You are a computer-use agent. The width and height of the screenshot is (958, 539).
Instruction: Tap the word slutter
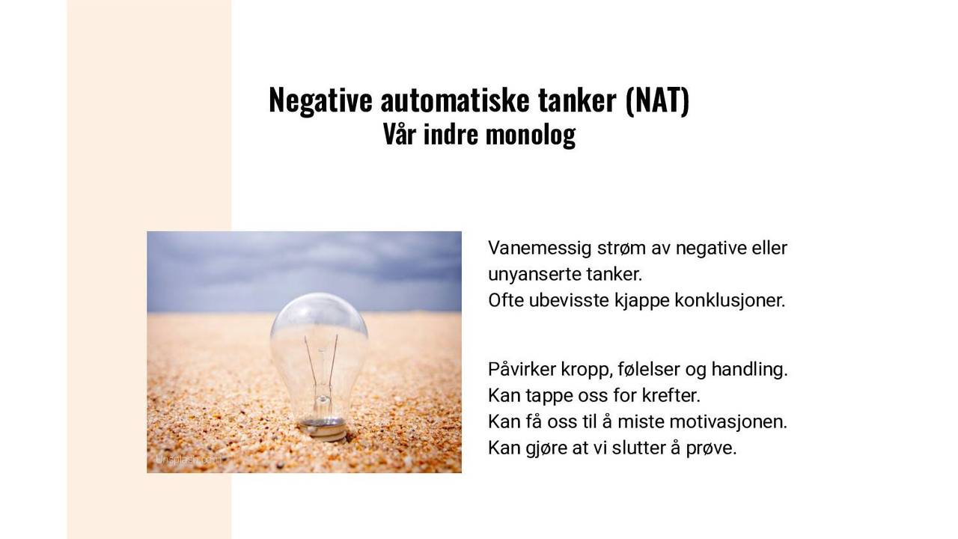click(641, 448)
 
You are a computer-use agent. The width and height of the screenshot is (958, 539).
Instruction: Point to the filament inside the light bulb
click(320, 359)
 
